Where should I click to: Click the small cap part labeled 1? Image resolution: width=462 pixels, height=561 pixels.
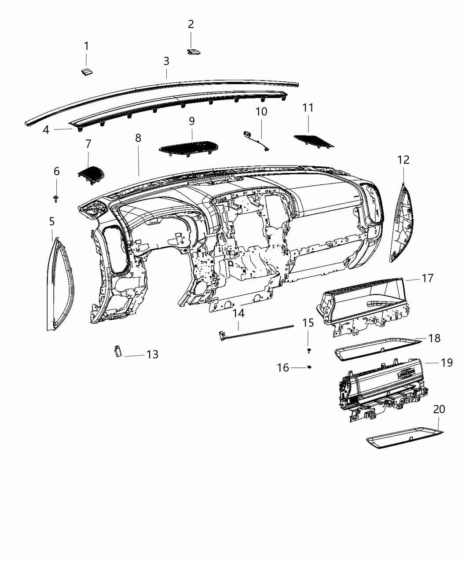(x=87, y=73)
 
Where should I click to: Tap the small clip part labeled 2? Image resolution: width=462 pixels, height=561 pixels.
(x=193, y=52)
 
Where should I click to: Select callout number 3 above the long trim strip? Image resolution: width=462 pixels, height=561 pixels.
(x=166, y=61)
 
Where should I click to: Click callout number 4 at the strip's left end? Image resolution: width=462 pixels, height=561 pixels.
(x=46, y=130)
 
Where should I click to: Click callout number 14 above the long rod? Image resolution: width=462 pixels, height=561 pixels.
(x=238, y=314)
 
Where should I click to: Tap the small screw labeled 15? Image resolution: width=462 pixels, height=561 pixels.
(x=309, y=351)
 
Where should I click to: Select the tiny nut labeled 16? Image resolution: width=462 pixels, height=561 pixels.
(x=309, y=367)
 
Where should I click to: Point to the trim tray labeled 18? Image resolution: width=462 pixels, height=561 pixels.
(x=374, y=348)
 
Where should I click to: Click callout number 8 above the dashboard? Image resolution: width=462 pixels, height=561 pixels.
(x=138, y=138)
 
